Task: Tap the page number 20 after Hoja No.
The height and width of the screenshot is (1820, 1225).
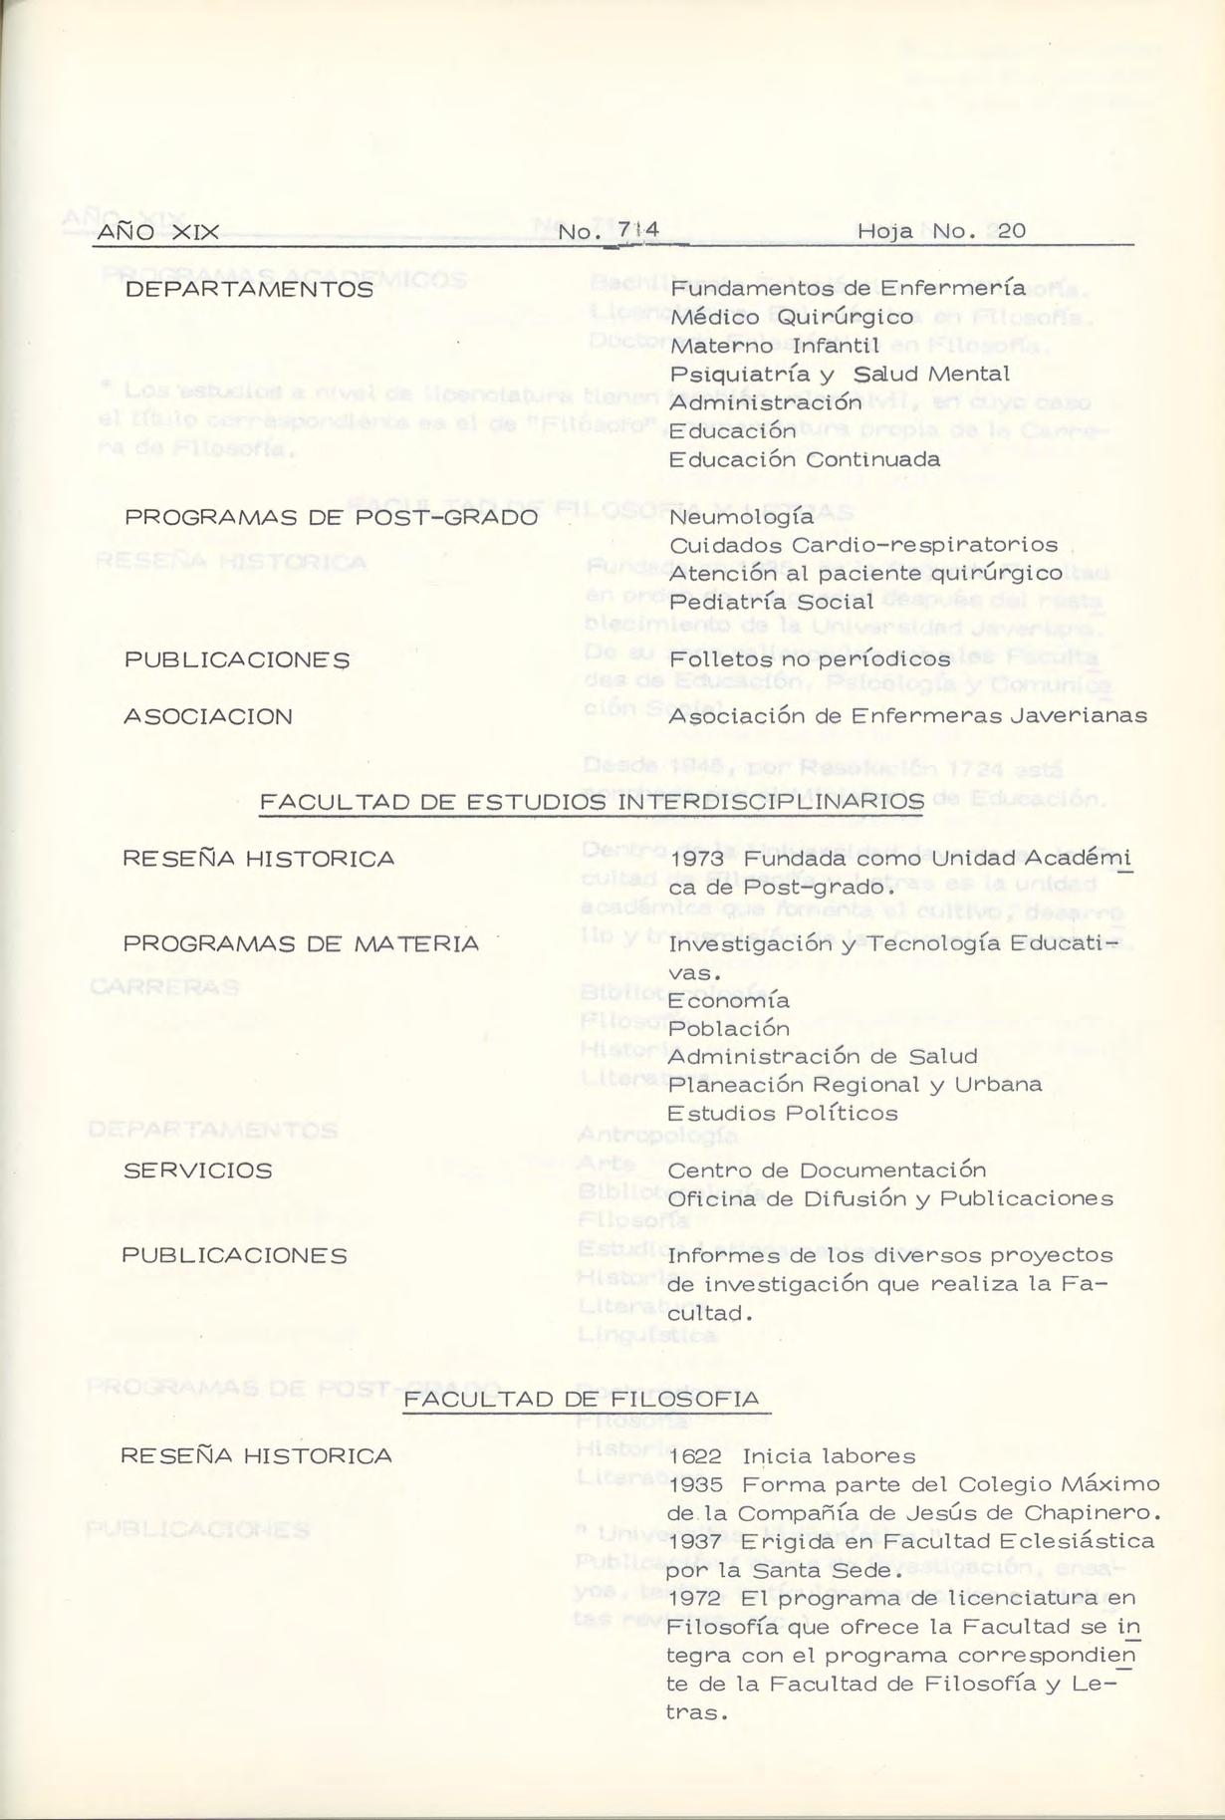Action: point(1011,231)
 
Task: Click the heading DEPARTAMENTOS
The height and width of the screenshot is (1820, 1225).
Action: point(249,290)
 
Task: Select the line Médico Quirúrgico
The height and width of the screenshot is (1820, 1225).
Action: point(792,318)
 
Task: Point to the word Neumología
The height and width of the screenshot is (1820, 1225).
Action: point(741,517)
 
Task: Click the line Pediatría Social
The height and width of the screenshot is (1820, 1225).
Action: point(771,603)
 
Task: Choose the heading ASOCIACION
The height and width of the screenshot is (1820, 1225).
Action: point(208,717)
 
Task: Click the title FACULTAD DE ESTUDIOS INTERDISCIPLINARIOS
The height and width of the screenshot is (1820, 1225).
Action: point(591,802)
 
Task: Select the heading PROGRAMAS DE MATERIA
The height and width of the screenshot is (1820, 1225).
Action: point(301,943)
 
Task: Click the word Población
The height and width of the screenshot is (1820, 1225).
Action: point(728,1028)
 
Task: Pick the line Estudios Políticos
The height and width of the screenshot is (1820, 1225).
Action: point(782,1114)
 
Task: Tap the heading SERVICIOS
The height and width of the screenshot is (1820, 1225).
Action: point(197,1170)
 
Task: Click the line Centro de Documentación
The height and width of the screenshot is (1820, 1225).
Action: point(827,1170)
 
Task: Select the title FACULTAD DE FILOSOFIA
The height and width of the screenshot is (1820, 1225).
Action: point(582,1400)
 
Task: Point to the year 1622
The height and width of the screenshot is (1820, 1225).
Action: point(696,1456)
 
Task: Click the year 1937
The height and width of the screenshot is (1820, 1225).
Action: point(696,1541)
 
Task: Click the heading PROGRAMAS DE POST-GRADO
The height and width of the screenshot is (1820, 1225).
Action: point(331,518)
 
